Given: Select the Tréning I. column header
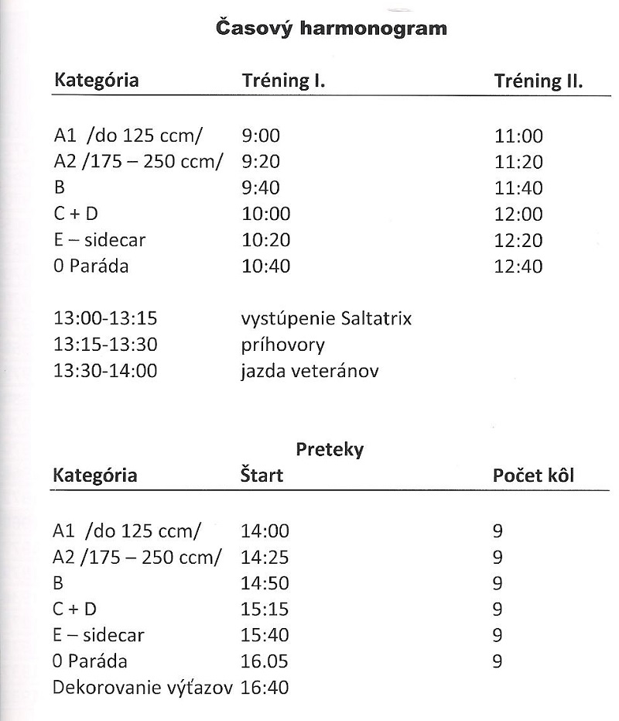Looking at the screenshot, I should click(x=283, y=81).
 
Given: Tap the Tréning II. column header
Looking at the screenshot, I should click(x=538, y=81).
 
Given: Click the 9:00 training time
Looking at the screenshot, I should click(x=261, y=136).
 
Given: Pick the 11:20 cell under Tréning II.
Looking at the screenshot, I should click(x=518, y=163).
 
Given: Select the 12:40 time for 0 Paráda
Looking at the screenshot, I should click(x=518, y=267).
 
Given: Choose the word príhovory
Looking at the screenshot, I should click(x=282, y=345).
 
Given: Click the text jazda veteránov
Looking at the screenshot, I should click(x=309, y=372).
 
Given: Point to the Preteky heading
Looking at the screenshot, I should click(x=329, y=450).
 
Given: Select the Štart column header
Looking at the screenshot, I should click(x=262, y=476).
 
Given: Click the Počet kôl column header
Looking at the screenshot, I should click(x=533, y=476).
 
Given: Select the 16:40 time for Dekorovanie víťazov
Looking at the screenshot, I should click(x=265, y=688).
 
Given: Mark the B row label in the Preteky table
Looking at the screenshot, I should click(x=58, y=583).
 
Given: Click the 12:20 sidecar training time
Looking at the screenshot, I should click(x=518, y=241).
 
